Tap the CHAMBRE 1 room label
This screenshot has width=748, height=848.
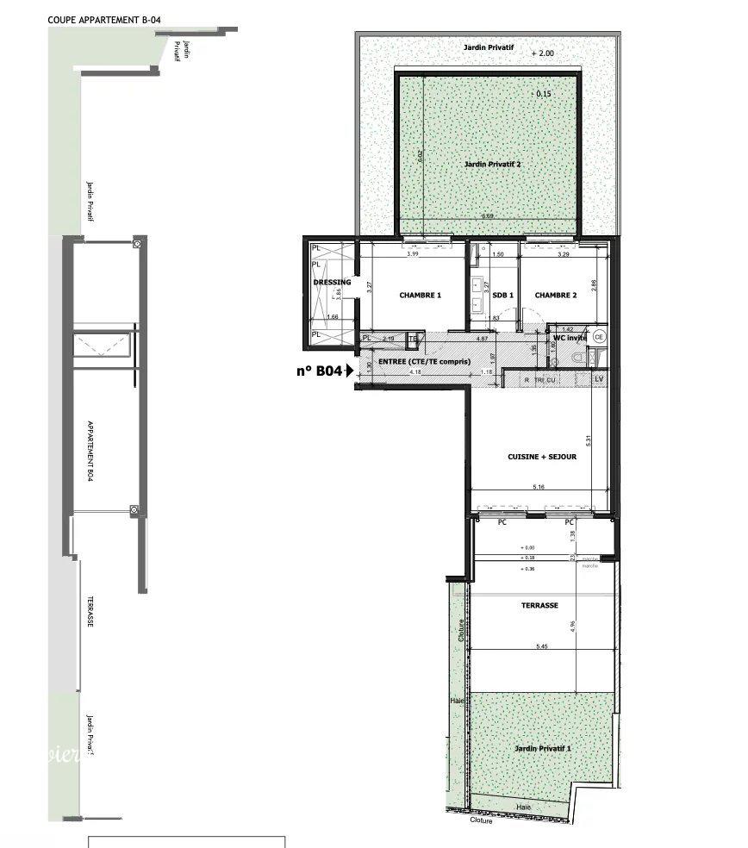[x=421, y=296]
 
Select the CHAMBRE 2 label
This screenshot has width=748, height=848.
[x=556, y=296]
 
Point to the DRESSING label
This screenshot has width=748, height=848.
[x=332, y=283]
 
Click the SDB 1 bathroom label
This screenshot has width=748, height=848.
[x=503, y=296]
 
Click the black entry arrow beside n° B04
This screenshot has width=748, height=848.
[x=349, y=372]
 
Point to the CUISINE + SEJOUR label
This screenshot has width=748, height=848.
[x=542, y=457]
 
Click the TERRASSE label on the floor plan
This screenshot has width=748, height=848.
[x=540, y=605]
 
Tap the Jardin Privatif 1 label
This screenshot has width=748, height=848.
[x=542, y=749]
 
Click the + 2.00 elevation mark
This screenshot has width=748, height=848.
[x=544, y=53]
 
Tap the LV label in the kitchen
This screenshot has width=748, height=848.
[x=600, y=379]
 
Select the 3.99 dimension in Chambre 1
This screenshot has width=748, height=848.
[x=413, y=254]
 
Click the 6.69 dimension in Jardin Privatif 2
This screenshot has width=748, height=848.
[x=487, y=215]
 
